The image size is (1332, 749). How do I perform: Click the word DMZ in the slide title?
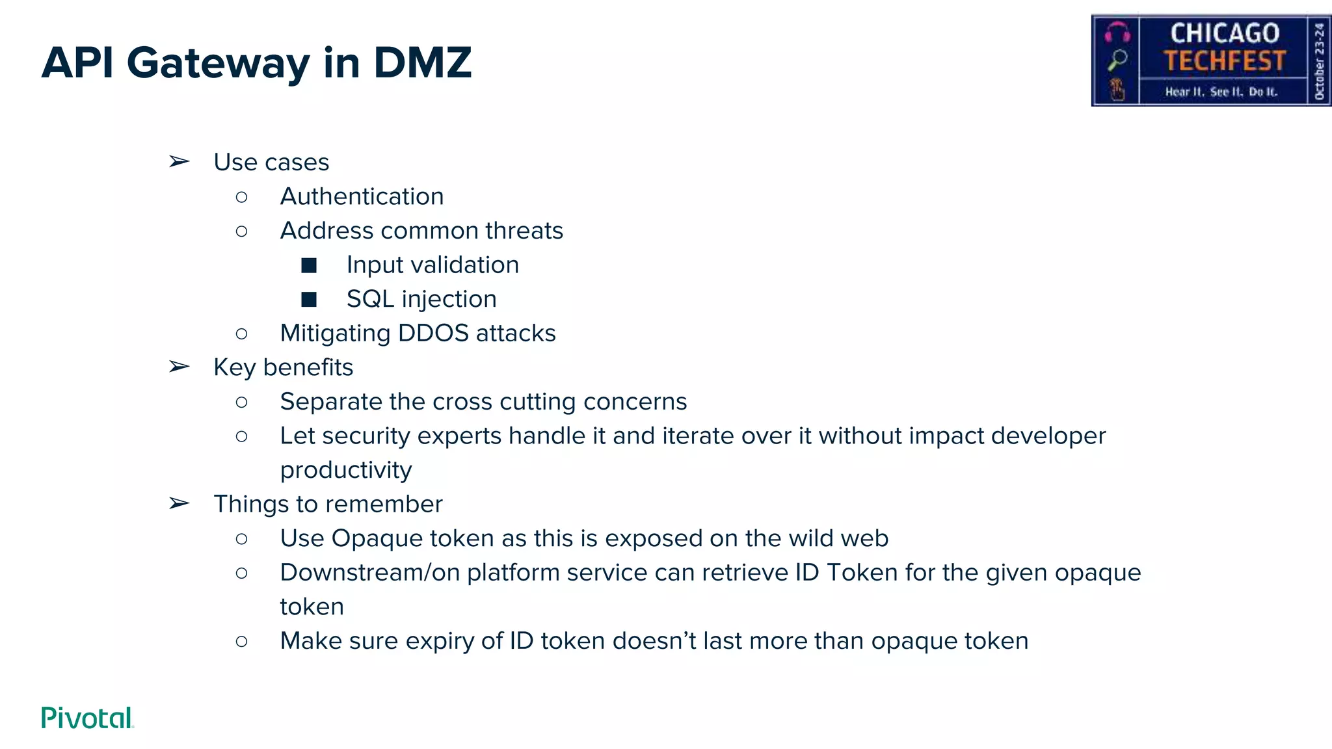tap(422, 63)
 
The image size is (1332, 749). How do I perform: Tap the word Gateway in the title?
tap(219, 64)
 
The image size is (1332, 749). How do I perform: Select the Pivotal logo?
tap(87, 718)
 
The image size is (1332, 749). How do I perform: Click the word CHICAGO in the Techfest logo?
tap(1225, 33)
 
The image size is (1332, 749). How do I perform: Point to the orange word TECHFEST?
tap(1225, 61)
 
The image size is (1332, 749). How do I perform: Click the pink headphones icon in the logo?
tap(1117, 32)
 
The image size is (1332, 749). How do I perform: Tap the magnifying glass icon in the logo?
tap(1117, 60)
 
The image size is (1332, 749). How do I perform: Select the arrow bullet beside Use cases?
tap(179, 161)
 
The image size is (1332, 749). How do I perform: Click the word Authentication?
tap(362, 196)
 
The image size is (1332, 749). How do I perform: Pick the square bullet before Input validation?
tap(309, 265)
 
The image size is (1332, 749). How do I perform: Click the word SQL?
tap(370, 299)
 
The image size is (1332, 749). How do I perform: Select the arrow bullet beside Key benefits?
tap(179, 367)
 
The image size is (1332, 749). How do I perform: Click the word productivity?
tap(346, 470)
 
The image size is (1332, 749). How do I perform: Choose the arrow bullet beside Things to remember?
tap(179, 503)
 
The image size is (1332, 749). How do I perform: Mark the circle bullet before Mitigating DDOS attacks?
tap(241, 334)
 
